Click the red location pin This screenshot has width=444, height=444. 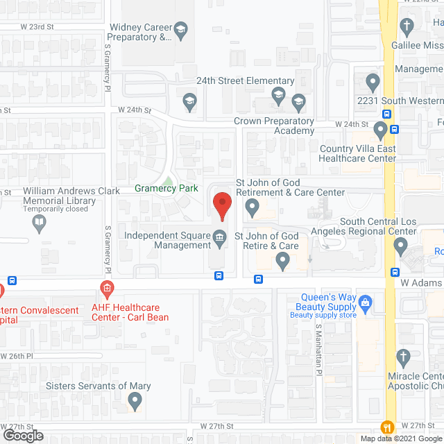(221, 206)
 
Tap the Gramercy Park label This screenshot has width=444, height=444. (166, 189)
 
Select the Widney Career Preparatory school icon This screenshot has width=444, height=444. (181, 30)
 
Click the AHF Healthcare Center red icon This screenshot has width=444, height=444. (106, 288)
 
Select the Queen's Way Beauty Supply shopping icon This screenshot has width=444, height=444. (366, 301)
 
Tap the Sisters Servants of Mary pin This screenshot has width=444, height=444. (135, 400)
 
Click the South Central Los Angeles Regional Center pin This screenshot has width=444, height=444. (401, 245)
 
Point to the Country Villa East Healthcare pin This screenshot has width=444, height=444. (380, 130)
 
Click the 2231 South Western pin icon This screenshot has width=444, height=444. (373, 83)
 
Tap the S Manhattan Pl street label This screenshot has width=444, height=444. (319, 342)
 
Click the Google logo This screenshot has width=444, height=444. (23, 436)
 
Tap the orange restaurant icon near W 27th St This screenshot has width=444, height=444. (386, 426)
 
